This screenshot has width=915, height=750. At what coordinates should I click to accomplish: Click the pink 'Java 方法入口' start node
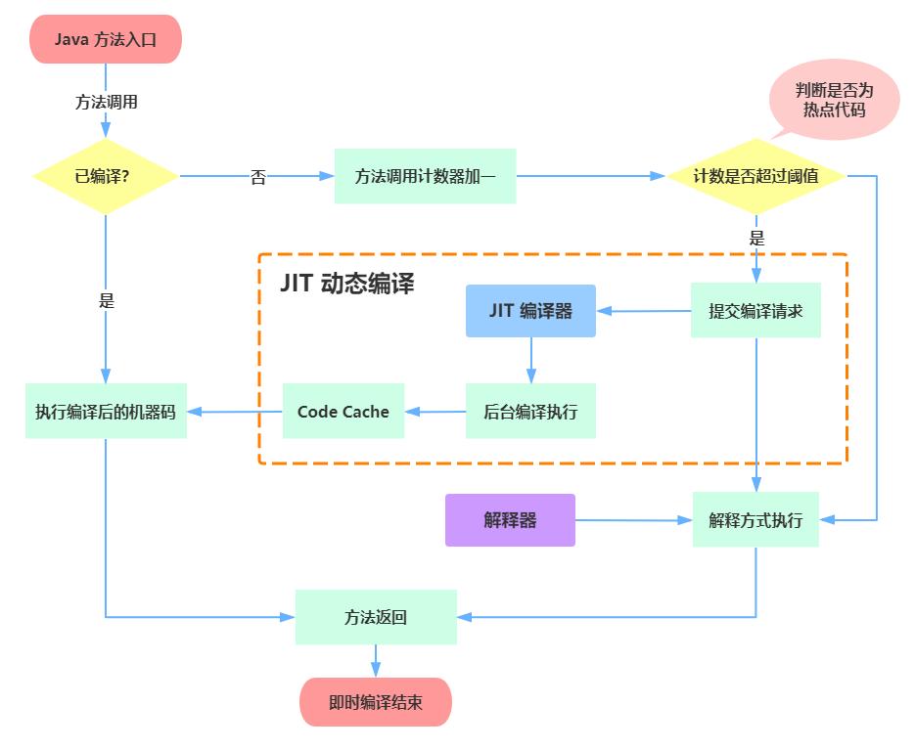coord(106,40)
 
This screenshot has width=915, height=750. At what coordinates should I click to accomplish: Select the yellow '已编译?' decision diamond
coord(106,177)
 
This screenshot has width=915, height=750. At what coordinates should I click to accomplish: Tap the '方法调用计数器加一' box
coord(425,177)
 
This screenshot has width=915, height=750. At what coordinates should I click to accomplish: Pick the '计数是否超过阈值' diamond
coord(755,177)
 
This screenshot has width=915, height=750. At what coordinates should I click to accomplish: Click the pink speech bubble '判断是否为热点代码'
coord(834,100)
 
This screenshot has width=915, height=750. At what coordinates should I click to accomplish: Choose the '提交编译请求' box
coord(755,311)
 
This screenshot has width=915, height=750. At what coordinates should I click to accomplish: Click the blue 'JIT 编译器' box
coord(530,311)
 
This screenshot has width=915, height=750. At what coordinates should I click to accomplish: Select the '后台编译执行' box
coord(530,411)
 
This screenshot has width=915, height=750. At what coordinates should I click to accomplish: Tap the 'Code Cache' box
coord(343,411)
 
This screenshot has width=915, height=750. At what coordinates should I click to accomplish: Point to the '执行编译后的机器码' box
coord(106,411)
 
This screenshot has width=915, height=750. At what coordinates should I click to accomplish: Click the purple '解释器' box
coord(510,519)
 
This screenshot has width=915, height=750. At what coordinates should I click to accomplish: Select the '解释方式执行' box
coord(755,519)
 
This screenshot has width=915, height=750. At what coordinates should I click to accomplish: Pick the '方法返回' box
coord(376,617)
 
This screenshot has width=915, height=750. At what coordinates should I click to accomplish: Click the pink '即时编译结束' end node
coord(376,702)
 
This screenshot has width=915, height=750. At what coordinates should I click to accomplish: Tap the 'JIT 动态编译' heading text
coord(347,284)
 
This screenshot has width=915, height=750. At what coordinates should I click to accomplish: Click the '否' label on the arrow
coord(258,178)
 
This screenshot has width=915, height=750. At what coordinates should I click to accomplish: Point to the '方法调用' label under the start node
coord(106,102)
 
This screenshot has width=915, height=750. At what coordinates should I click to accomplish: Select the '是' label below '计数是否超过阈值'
coord(756,238)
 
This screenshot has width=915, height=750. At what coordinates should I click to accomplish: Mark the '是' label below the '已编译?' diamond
coord(107,301)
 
